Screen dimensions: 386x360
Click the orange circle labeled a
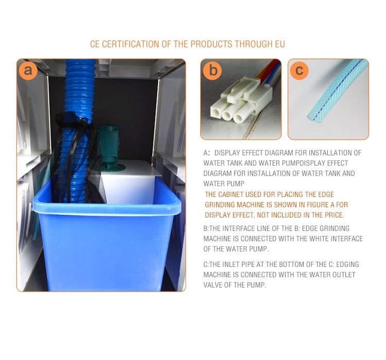28,70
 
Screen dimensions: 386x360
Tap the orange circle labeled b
213,70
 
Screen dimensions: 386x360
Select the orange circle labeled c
300,70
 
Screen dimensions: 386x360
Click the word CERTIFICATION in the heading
131,44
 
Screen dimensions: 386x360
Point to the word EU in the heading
280,44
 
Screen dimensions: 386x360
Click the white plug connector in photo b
242,100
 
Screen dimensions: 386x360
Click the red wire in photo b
267,70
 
